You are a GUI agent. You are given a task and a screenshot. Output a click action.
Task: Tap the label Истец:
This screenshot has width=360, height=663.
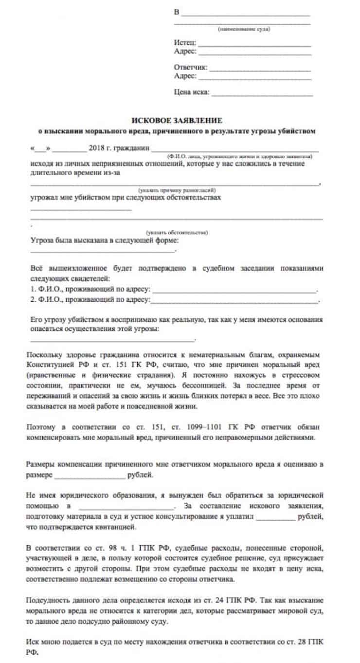pos(184,42)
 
